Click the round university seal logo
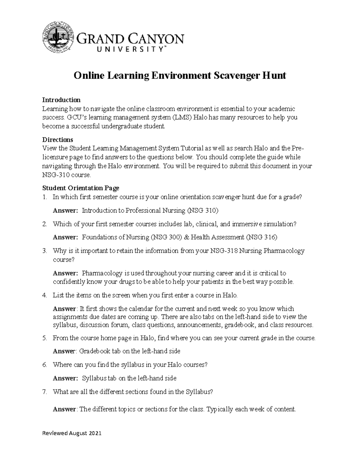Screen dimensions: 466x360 point(58,37)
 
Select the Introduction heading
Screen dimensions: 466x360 point(61,100)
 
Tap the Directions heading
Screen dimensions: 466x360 point(58,140)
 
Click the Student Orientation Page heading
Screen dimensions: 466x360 point(81,188)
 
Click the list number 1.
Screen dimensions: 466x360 point(44,197)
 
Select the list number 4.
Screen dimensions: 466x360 point(44,295)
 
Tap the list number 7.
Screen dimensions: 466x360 point(44,392)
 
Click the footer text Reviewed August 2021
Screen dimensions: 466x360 point(72,433)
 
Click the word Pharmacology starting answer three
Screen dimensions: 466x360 point(102,273)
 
